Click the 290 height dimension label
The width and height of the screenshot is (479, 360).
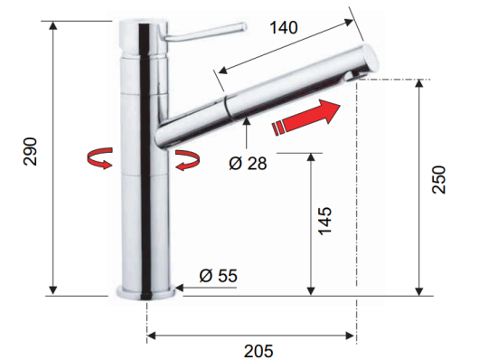30,152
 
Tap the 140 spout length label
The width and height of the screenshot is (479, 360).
284,27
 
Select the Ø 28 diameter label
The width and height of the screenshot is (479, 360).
248,163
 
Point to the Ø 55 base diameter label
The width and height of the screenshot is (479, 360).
218,276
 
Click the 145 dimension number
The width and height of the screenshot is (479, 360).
324,221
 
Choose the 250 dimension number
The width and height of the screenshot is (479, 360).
438,179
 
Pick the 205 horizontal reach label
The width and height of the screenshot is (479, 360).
258,351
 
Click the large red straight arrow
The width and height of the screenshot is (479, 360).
306,118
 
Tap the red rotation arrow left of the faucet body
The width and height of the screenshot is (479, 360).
100,157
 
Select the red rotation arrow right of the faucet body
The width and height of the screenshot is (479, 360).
188,160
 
